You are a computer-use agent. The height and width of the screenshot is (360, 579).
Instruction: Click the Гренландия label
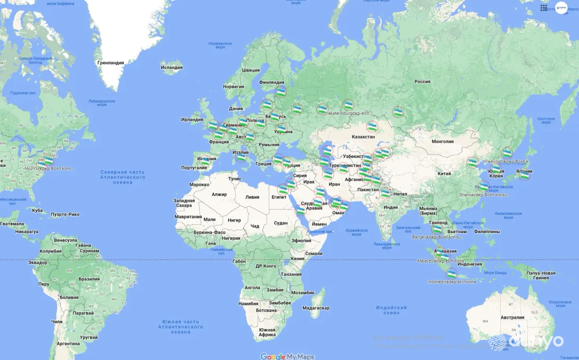[110, 63]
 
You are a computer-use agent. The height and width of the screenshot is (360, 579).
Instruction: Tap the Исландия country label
[171, 68]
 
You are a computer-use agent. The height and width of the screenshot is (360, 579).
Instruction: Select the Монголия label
[442, 141]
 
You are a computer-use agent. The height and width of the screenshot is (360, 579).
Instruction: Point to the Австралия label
[512, 318]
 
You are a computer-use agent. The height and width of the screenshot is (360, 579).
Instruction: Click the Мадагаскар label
[316, 308]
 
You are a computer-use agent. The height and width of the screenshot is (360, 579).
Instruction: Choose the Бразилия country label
[89, 279]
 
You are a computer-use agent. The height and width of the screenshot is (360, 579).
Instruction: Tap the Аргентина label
[67, 344]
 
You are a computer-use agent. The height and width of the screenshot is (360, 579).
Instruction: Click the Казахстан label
[363, 137]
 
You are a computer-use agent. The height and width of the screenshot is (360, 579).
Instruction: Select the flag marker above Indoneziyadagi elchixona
[452, 273]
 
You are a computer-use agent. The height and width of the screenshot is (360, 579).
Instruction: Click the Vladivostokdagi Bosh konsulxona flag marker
[507, 152]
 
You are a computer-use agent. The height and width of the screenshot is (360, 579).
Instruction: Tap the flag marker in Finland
[280, 92]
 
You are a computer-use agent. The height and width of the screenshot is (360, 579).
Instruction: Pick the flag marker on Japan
[524, 175]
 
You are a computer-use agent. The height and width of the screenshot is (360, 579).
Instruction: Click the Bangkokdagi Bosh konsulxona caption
[437, 237]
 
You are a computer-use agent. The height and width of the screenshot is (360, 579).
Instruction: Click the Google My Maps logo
[287, 357]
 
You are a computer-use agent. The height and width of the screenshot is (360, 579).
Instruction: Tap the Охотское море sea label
[546, 121]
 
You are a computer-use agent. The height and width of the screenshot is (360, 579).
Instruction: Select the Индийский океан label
[391, 310]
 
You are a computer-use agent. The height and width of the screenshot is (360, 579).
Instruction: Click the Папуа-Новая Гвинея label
[540, 275]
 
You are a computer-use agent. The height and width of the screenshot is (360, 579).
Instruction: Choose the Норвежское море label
[217, 45]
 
